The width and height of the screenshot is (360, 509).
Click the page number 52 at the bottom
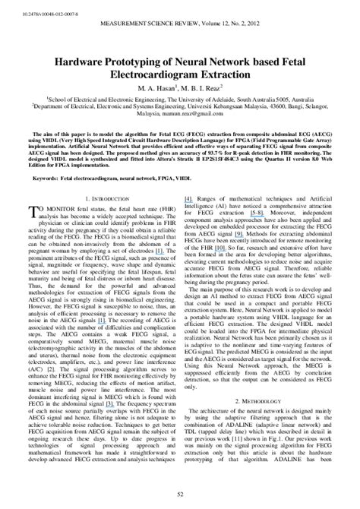[x=179, y=495]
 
